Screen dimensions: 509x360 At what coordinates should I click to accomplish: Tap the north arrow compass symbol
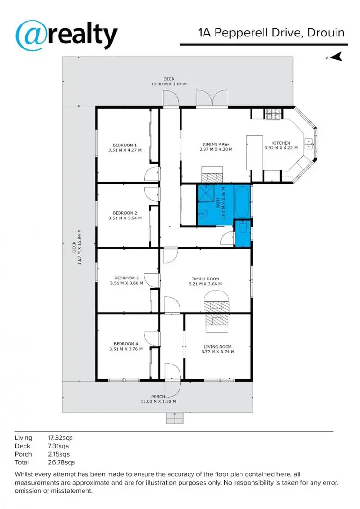click(x=337, y=57)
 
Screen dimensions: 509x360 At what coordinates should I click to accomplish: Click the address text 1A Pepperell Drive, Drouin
click(x=271, y=33)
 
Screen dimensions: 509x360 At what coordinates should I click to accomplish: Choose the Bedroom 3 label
click(x=126, y=280)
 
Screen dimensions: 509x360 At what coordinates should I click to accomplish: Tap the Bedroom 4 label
click(x=126, y=346)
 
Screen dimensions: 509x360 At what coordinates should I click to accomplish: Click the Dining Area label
click(x=216, y=146)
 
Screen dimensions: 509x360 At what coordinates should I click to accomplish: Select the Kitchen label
click(x=281, y=145)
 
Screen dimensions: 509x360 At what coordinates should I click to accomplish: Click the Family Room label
click(x=205, y=281)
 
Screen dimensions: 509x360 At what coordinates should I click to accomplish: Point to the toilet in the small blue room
click(x=242, y=230)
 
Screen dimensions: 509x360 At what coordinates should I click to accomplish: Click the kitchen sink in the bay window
click(x=309, y=143)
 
